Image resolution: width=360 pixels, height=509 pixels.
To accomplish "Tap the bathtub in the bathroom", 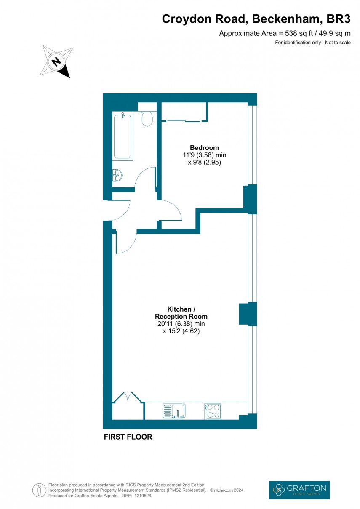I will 123,136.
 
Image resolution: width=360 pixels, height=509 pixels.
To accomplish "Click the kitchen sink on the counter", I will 174,410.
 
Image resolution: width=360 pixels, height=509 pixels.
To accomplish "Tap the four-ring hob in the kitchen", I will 213,410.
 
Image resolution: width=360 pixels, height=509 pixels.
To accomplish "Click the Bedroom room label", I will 204,148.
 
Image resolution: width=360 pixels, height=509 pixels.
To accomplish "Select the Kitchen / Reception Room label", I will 181,313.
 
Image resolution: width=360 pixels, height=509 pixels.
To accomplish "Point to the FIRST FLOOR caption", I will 128,437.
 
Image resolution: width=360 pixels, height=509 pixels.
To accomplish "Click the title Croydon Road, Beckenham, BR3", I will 256,19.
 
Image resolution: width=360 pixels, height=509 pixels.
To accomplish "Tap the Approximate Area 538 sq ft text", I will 285,34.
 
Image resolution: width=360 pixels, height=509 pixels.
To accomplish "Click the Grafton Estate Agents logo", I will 299,490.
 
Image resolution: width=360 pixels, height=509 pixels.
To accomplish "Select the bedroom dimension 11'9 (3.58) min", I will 204,155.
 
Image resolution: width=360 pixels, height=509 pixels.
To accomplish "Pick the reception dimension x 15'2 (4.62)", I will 181,331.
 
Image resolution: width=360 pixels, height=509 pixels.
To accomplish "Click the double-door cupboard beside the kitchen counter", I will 128,406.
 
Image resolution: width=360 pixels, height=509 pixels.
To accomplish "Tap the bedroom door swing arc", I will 173,211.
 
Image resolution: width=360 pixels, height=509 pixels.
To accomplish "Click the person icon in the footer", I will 39,490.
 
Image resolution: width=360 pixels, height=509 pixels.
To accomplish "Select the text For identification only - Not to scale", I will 312,43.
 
